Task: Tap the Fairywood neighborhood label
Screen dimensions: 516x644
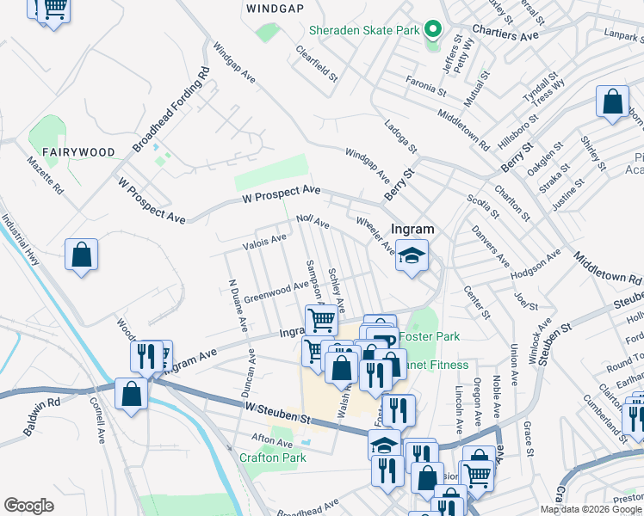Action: pos(79,152)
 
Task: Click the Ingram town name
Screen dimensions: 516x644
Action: pos(412,230)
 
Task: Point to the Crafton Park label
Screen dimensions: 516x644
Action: pos(272,458)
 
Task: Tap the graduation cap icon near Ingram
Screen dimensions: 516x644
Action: pos(412,255)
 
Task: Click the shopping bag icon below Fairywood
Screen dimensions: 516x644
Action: pos(82,255)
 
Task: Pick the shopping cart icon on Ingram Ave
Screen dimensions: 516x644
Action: pos(321,320)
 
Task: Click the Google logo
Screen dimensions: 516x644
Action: pos(29,506)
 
